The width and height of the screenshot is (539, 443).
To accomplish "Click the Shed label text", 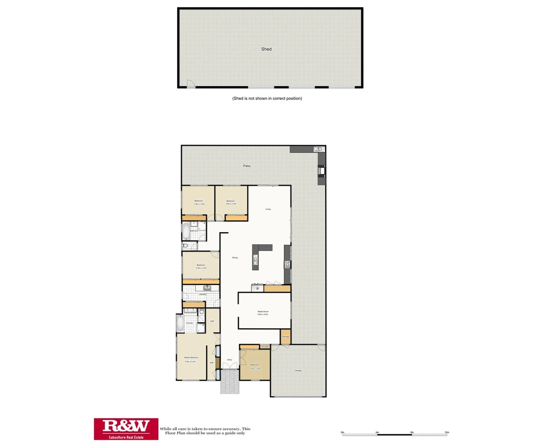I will pos(266,49).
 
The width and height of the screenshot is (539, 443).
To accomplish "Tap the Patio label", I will pos(247,166).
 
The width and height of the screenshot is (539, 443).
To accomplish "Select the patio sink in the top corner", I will pos(319,149).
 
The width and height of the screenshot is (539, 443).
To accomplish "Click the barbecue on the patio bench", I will pos(322,170).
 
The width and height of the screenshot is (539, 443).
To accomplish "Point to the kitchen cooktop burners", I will pos(287,265).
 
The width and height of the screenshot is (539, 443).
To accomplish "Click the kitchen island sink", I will pos(255,260).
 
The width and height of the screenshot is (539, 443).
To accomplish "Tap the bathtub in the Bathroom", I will pos(186,231).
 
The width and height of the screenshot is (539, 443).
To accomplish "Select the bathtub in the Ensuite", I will pos(180,324).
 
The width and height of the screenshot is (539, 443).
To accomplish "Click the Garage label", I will pos(298,371).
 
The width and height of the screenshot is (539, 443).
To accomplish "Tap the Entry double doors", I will pos(229,366).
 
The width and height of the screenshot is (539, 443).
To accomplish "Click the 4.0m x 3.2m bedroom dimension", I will pos(201,268).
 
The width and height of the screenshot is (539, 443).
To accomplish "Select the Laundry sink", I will pos(207,288).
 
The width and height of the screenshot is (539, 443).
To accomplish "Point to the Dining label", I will pos(235,258).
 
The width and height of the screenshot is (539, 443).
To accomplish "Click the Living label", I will pos(268,209).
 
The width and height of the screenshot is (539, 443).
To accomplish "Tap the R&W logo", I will pos(126,429).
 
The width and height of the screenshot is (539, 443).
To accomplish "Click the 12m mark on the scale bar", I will pos(447,432).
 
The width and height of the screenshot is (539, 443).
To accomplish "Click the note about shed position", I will pos(267,98).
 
